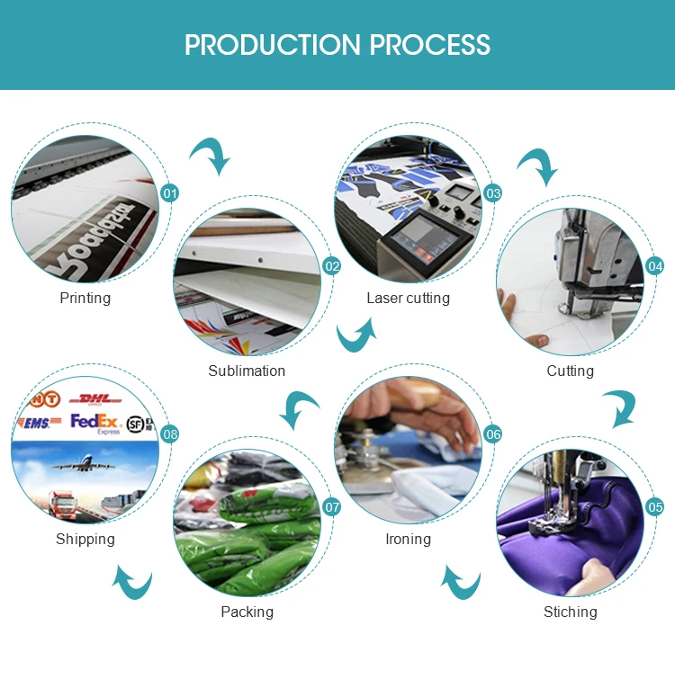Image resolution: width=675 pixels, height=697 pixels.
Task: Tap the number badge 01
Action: click(169, 193)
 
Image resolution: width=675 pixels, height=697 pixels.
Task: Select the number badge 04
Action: click(655, 266)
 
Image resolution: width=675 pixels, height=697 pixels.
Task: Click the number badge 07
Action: click(332, 507)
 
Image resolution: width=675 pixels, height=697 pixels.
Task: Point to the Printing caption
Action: click(85, 298)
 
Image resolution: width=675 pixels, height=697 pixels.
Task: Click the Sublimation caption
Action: click(247, 371)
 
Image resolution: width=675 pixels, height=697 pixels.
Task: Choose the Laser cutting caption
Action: click(408, 298)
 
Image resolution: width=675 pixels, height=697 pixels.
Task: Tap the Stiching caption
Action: click(570, 612)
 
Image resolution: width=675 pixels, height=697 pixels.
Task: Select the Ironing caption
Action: click(408, 539)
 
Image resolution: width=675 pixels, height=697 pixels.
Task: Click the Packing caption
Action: click(247, 612)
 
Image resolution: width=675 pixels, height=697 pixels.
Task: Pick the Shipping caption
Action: click(85, 539)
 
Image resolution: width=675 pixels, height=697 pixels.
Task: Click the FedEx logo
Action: click(95, 422)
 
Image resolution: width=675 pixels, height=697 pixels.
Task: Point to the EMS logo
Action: click(37, 422)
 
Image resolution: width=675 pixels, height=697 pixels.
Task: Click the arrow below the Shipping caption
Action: click(132, 582)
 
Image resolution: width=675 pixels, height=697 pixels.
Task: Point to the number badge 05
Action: click(655, 507)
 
